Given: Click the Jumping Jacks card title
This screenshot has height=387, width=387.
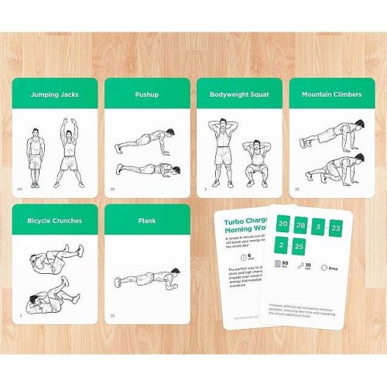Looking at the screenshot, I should (x=54, y=94).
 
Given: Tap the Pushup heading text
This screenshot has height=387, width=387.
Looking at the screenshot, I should (x=146, y=94).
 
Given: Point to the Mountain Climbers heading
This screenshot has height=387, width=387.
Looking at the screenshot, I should (x=330, y=94).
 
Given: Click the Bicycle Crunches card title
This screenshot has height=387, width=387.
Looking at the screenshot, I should (x=54, y=221).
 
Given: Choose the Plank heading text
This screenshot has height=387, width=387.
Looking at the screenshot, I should (x=146, y=221).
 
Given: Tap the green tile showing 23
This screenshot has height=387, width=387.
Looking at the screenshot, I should (x=335, y=228).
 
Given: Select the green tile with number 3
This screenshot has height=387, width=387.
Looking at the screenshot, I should (x=317, y=226).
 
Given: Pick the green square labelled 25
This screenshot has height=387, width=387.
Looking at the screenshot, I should (x=300, y=245).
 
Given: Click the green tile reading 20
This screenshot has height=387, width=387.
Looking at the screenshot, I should (x=283, y=224).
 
